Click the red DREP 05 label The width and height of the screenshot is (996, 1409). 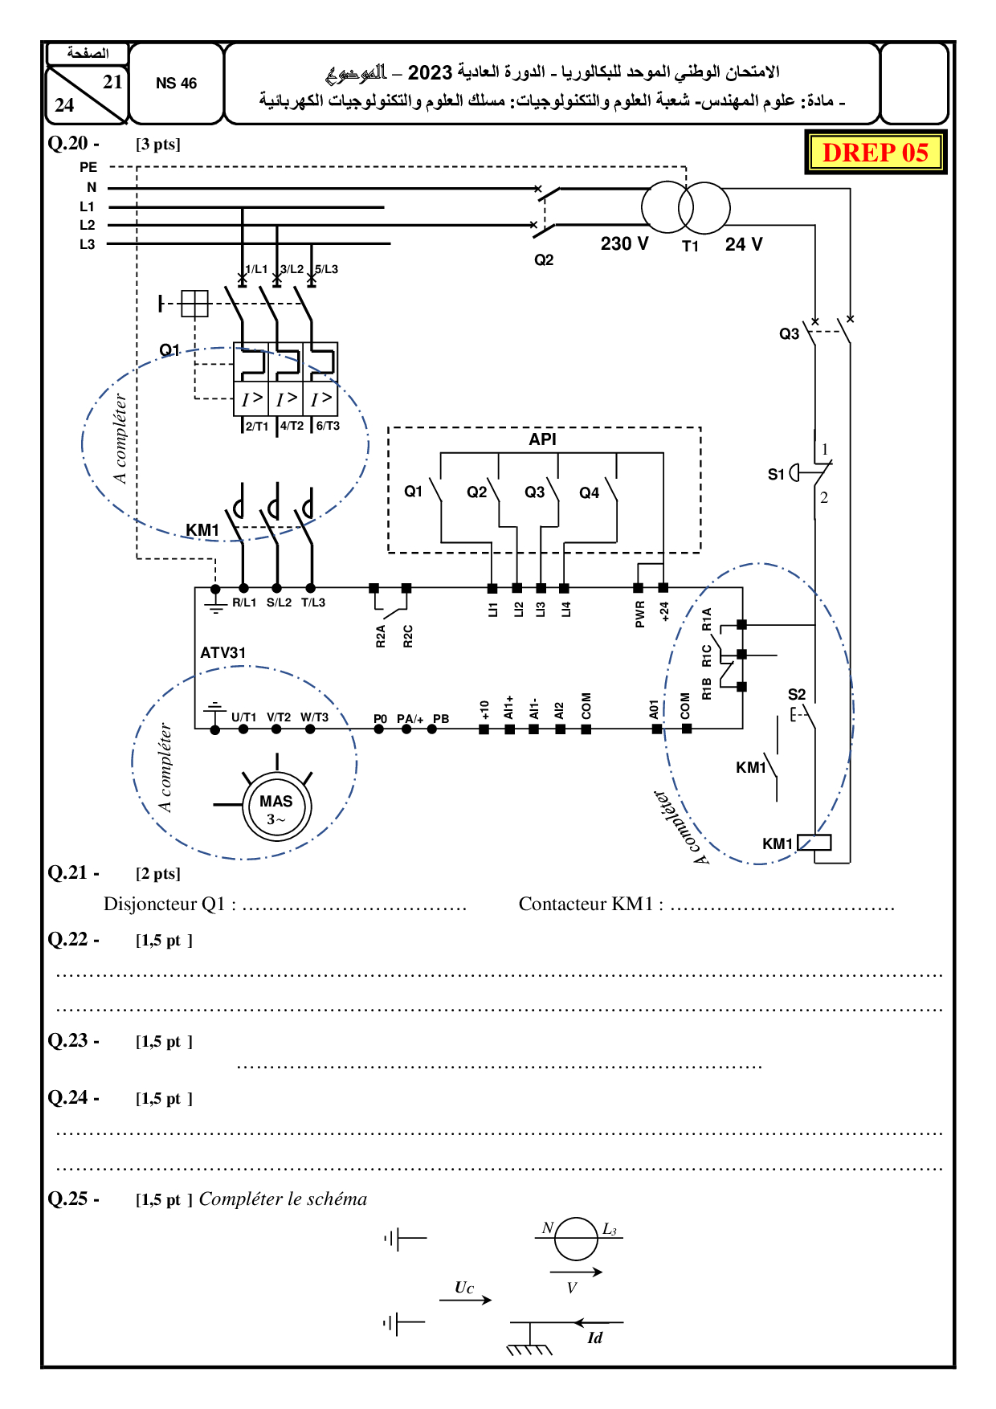876,152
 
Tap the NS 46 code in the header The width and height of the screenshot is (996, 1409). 176,84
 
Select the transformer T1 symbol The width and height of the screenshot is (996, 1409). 685,207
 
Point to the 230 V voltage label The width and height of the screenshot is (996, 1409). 624,243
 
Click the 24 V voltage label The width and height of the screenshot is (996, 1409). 744,244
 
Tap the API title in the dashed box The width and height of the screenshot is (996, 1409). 542,439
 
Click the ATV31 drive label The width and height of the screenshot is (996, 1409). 223,653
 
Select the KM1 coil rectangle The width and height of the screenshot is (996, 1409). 814,843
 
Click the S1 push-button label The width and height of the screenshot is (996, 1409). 776,474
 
